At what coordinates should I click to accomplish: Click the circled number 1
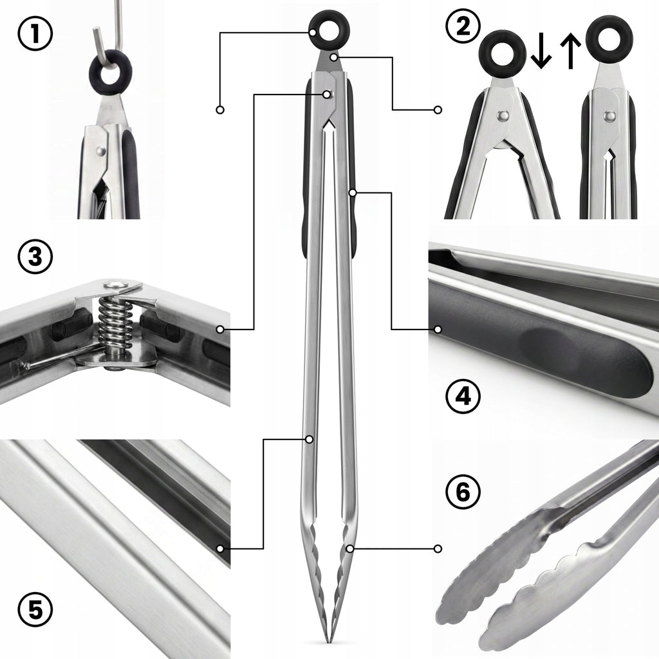point(35,33)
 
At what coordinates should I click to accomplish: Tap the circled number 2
point(463,26)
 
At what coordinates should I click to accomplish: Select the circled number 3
point(35,256)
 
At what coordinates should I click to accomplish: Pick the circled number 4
point(463,396)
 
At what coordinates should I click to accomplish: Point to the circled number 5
point(35,609)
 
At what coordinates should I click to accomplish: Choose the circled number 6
point(463,492)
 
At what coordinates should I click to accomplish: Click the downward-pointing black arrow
point(541,52)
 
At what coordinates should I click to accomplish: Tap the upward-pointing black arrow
point(571,51)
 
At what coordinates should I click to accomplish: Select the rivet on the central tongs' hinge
point(328,94)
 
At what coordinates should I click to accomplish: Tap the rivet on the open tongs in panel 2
point(502,115)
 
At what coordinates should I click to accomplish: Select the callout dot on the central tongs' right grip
point(353,192)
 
